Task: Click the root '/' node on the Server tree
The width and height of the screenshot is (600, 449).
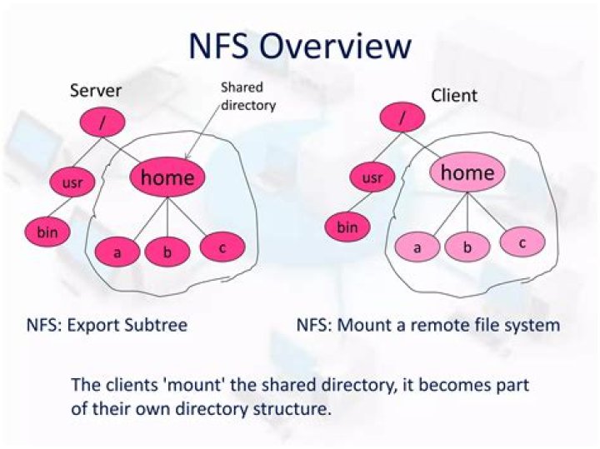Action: click(x=102, y=123)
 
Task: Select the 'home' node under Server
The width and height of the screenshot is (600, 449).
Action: click(x=167, y=177)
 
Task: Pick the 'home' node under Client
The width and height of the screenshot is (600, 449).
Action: click(x=467, y=172)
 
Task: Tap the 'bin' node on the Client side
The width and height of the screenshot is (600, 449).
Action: click(x=347, y=225)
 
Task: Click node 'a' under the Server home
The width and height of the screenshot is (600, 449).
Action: click(x=117, y=252)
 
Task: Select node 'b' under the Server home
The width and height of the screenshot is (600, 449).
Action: click(x=167, y=252)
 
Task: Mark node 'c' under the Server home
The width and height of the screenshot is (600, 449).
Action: click(x=222, y=246)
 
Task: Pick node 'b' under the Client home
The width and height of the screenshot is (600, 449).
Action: click(x=467, y=247)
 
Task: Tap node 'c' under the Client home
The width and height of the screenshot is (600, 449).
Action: click(x=522, y=242)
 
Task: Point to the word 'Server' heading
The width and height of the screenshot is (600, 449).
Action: click(x=97, y=91)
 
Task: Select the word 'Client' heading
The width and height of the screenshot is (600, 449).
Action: click(x=454, y=95)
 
